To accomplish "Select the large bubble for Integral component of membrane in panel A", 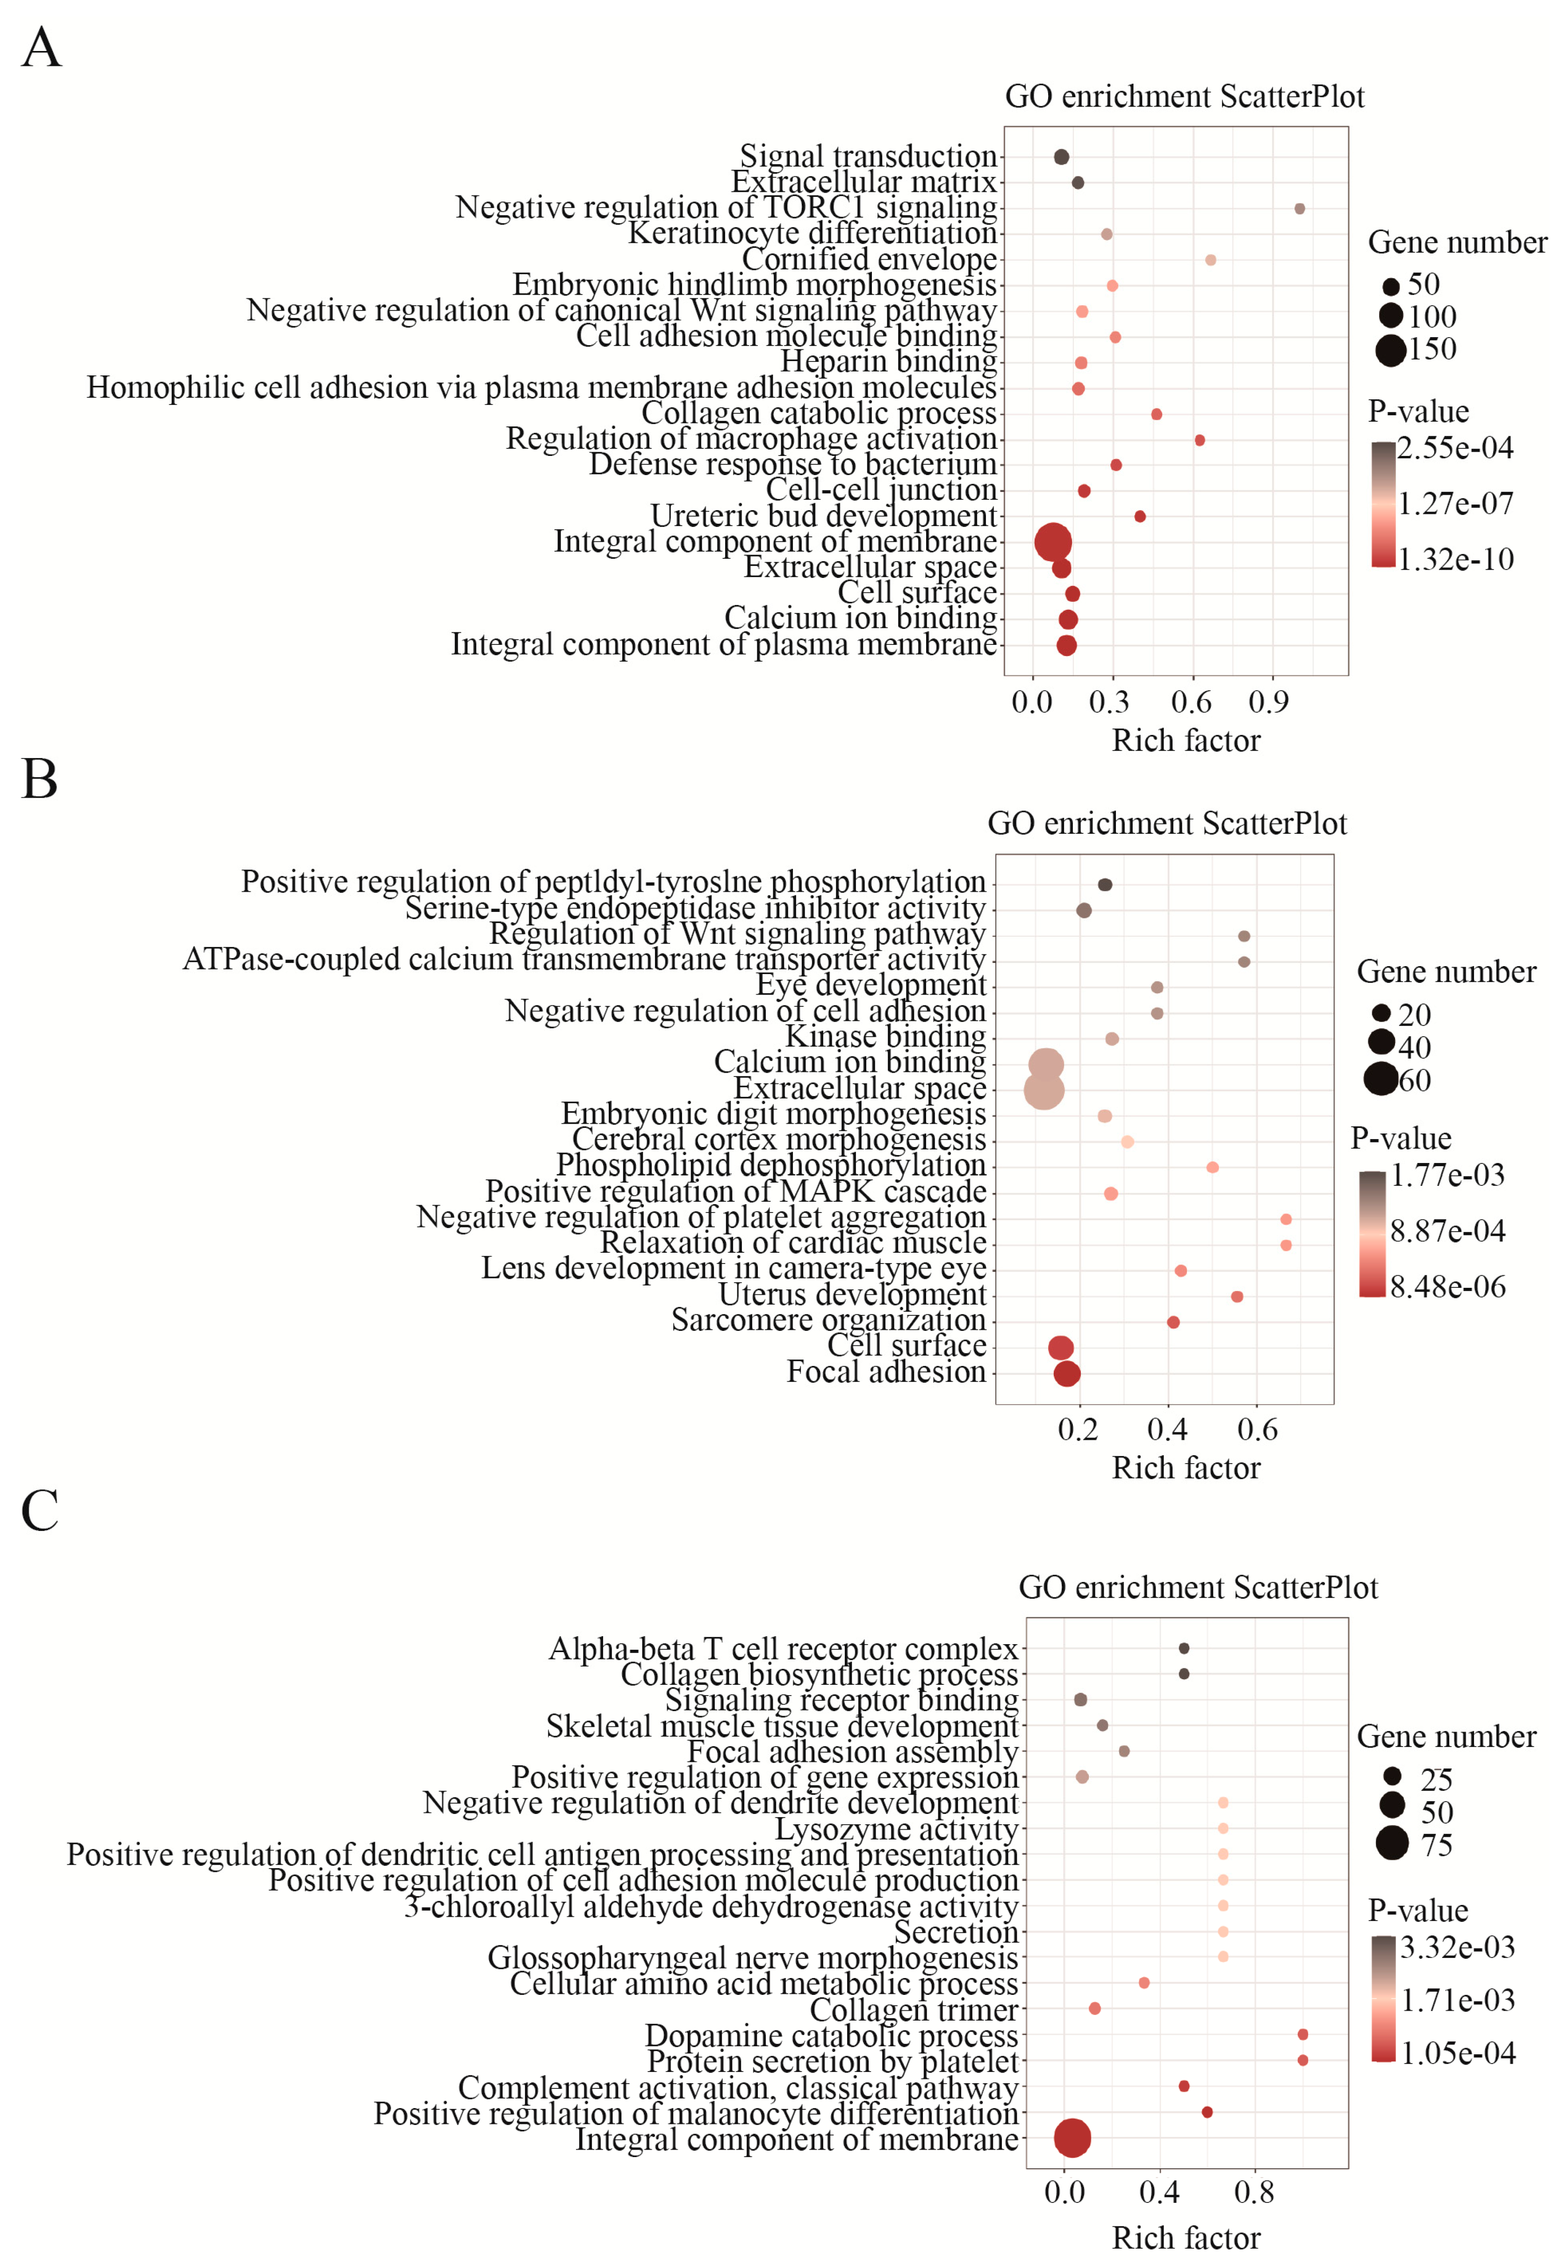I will click(x=1052, y=541).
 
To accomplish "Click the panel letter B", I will click(x=39, y=780).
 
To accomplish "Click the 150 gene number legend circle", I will click(x=1390, y=349).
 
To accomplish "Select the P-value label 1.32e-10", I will click(x=1455, y=559).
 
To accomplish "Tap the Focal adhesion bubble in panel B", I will click(x=1067, y=1373).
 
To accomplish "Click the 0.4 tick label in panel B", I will click(x=1167, y=1430).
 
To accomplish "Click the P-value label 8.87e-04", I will click(x=1447, y=1230).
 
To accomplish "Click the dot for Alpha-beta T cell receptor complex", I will click(x=1183, y=1648).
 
